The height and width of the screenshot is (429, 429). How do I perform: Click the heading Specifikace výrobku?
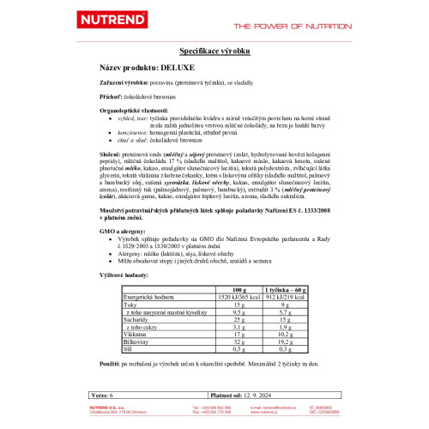(215, 52)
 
